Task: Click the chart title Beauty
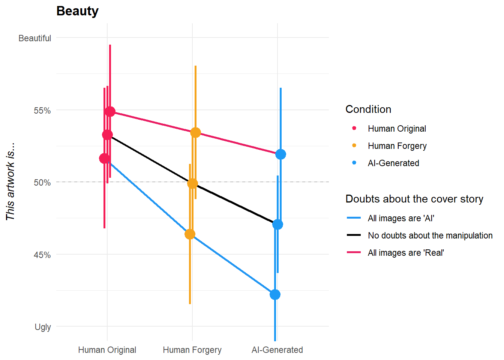click(x=77, y=11)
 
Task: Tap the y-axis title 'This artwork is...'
click(x=10, y=181)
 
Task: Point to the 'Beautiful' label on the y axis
click(x=34, y=38)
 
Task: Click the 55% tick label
click(x=42, y=111)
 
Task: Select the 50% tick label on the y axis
click(x=42, y=183)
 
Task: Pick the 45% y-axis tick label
click(x=42, y=255)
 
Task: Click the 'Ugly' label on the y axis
click(x=43, y=327)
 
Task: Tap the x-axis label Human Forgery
click(x=192, y=350)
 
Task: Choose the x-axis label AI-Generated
click(x=277, y=350)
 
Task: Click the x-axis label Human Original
click(x=107, y=350)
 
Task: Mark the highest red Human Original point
click(x=110, y=111)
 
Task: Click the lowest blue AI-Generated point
click(x=275, y=294)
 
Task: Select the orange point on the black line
click(x=192, y=183)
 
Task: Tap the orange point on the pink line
click(x=195, y=132)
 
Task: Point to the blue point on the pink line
click(x=280, y=154)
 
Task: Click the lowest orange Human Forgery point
click(x=190, y=234)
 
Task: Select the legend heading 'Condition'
click(x=368, y=109)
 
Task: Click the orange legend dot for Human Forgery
click(x=354, y=145)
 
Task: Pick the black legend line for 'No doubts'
click(x=354, y=235)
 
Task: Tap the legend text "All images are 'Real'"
click(x=406, y=253)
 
